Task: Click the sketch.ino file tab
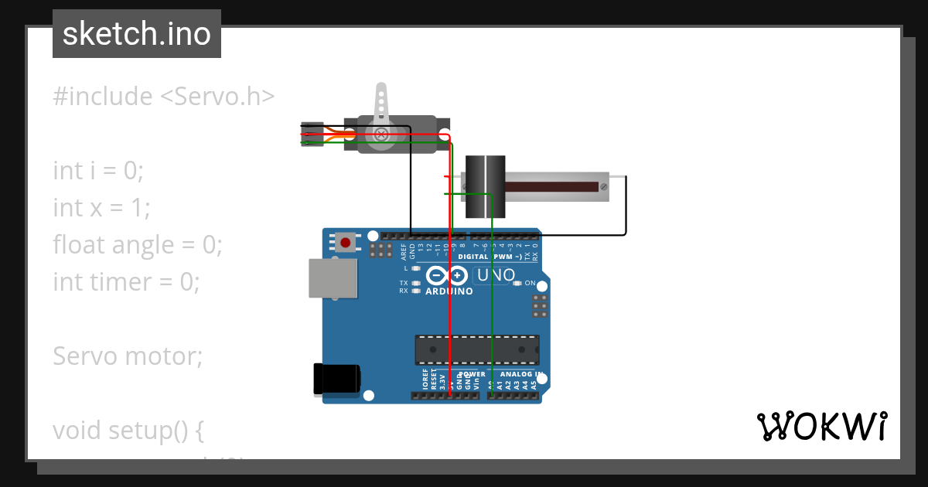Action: [x=137, y=34]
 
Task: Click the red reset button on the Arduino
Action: [x=345, y=243]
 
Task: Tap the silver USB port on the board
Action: [x=333, y=278]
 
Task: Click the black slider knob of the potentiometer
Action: [x=484, y=188]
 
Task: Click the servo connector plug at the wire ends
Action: [x=312, y=134]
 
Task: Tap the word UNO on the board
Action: [x=496, y=275]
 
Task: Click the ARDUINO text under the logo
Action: [x=449, y=292]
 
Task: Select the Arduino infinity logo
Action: [x=447, y=275]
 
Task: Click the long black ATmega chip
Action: [x=476, y=350]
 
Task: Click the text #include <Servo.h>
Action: [x=164, y=97]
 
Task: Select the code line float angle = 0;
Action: [x=138, y=245]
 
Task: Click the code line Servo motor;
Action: [x=128, y=356]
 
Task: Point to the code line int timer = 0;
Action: [x=126, y=282]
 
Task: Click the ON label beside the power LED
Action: [x=531, y=283]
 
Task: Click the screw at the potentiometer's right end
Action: [x=604, y=186]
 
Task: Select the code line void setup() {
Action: [x=128, y=430]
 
